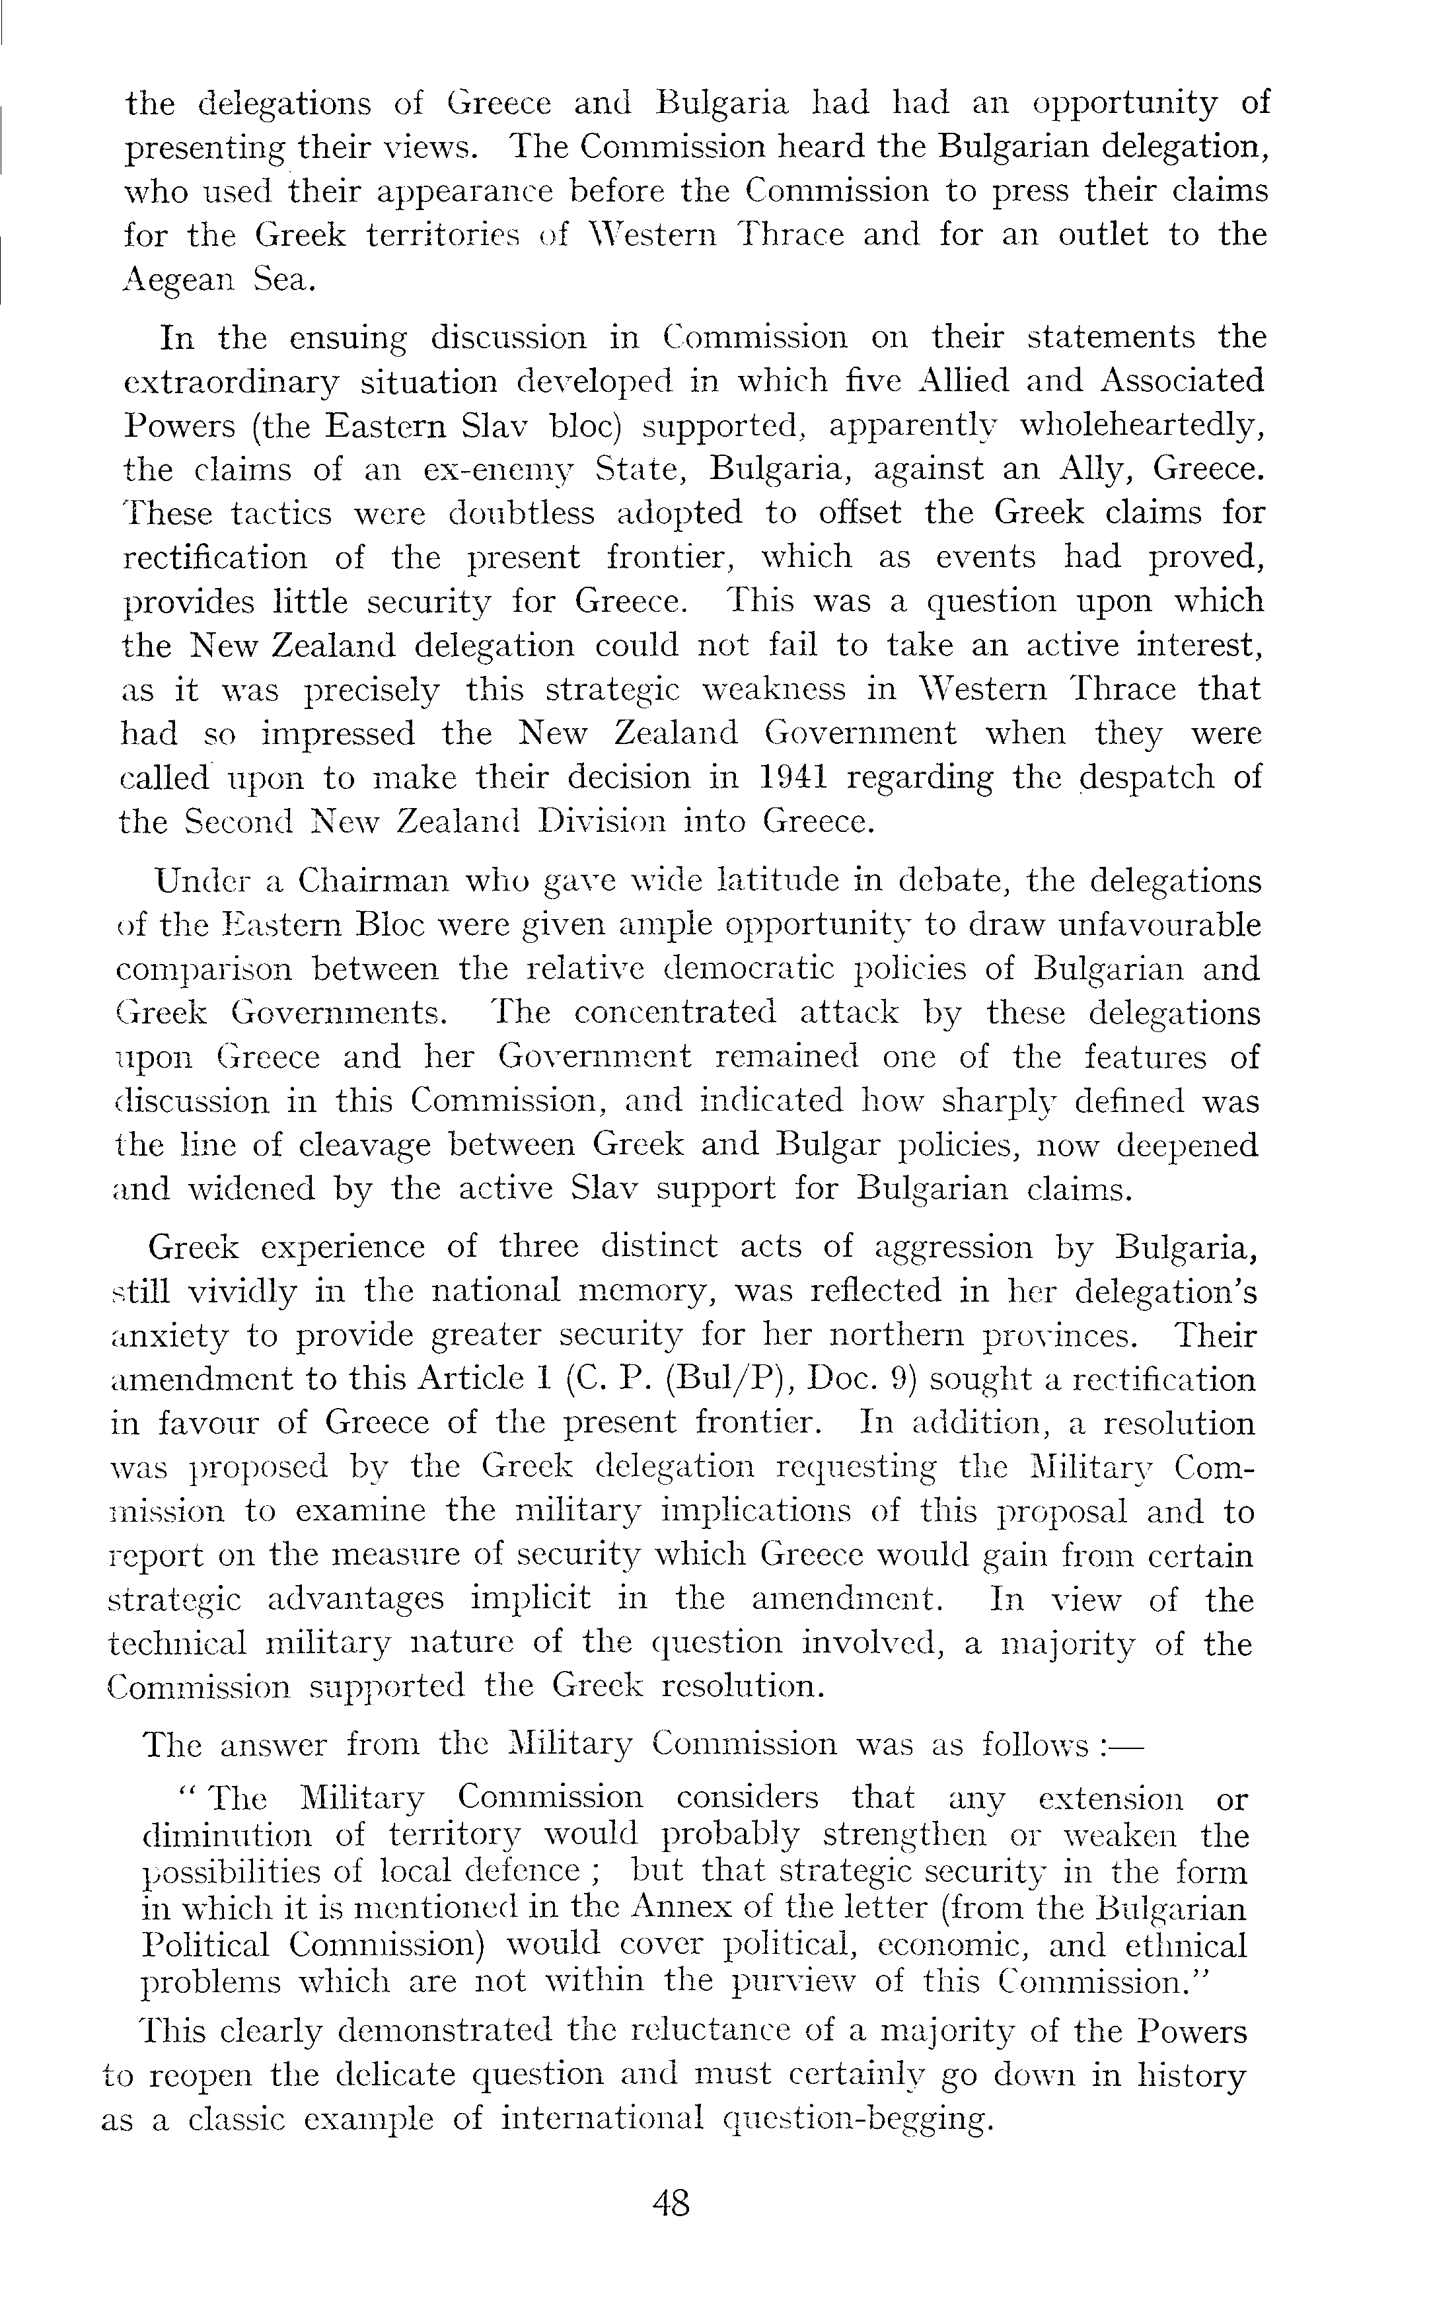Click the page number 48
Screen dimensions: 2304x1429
(x=671, y=2204)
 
